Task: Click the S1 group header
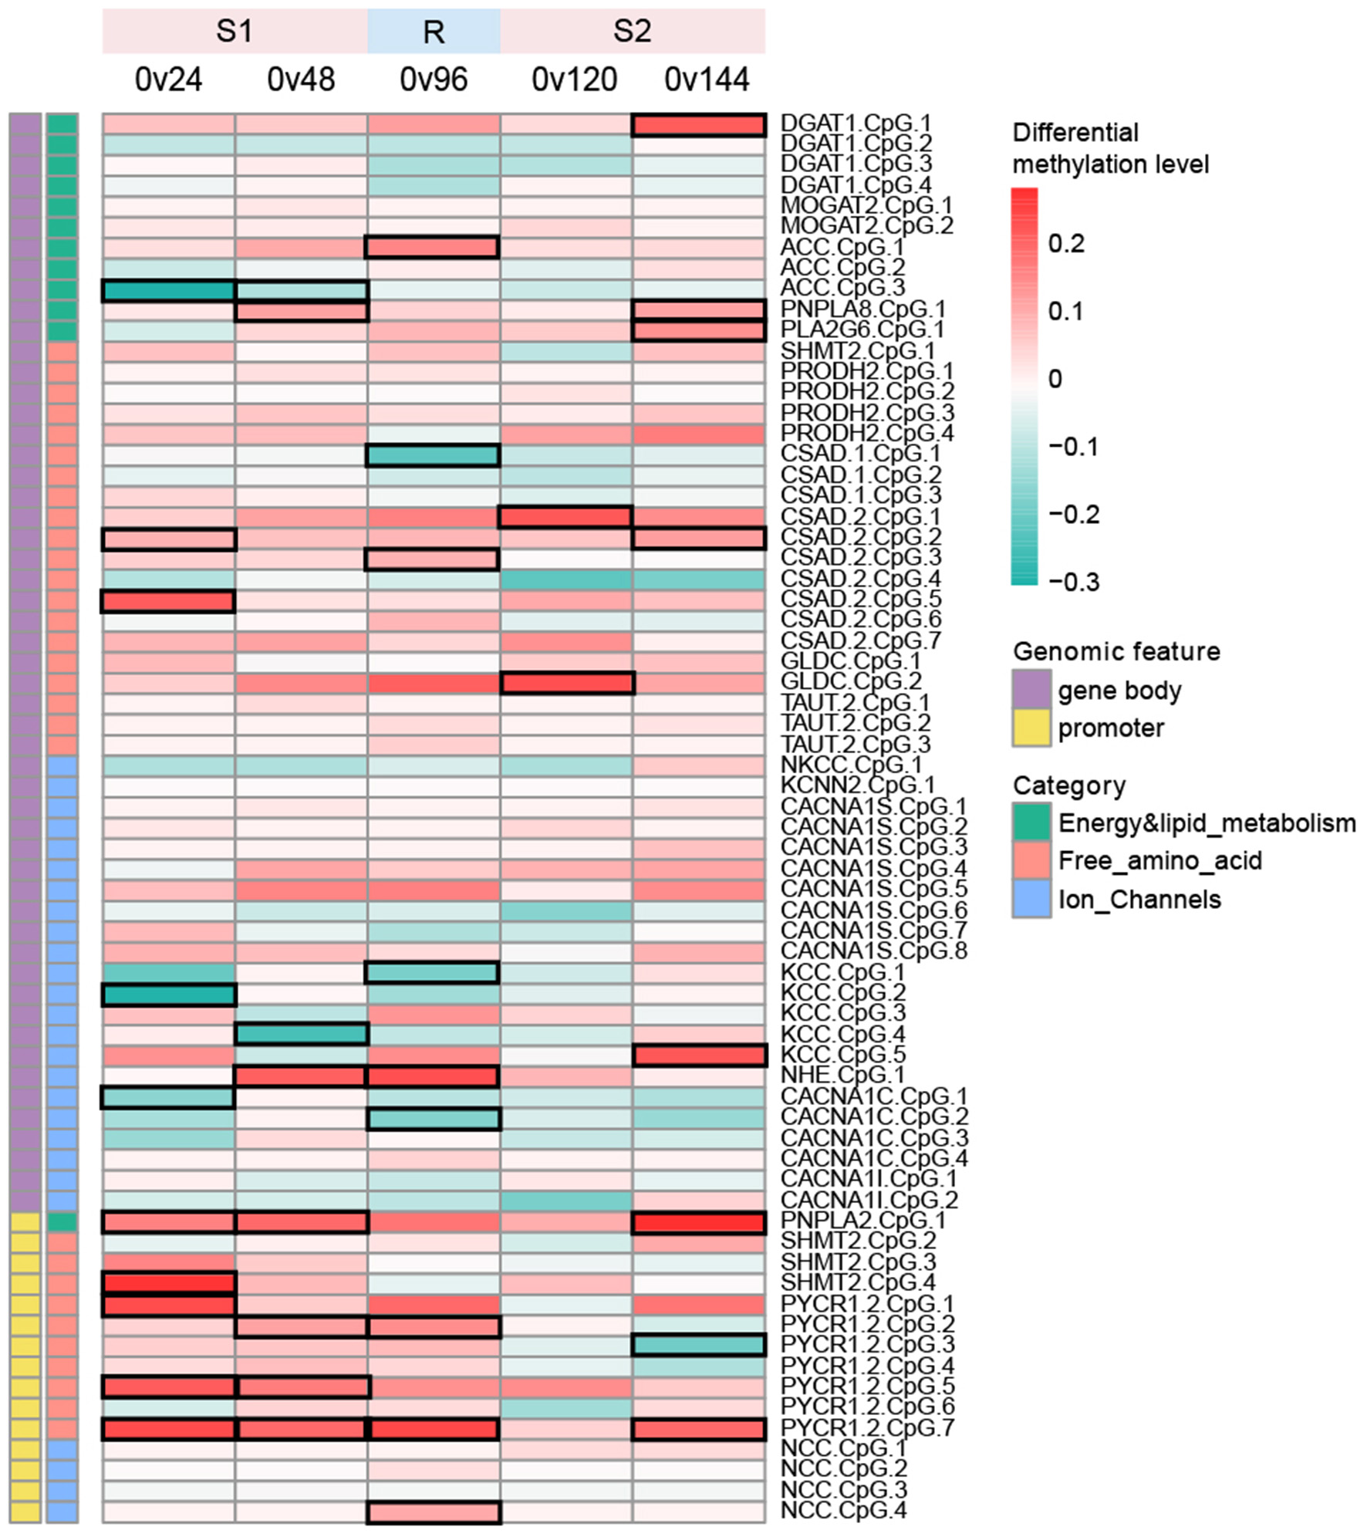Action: click(x=235, y=32)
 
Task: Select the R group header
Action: click(x=434, y=32)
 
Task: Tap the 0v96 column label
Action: click(x=434, y=79)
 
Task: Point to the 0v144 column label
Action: click(x=707, y=79)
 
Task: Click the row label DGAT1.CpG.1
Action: click(x=856, y=123)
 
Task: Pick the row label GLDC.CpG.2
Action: click(x=851, y=681)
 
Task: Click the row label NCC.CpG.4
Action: click(x=844, y=1510)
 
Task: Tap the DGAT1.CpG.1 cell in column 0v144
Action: click(x=699, y=124)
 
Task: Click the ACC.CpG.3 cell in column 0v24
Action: click(x=168, y=290)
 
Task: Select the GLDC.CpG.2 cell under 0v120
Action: click(x=567, y=683)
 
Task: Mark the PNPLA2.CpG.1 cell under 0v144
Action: click(x=699, y=1222)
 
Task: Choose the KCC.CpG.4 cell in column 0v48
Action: click(x=301, y=1034)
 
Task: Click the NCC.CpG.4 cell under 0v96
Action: click(x=434, y=1512)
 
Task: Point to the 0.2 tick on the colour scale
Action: click(x=1066, y=244)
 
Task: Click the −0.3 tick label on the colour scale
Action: click(x=1074, y=582)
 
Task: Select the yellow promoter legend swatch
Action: click(x=1031, y=728)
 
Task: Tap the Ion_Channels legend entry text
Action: click(x=1139, y=900)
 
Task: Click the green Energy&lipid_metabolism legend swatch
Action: click(x=1031, y=823)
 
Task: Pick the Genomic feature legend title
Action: click(x=1116, y=651)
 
